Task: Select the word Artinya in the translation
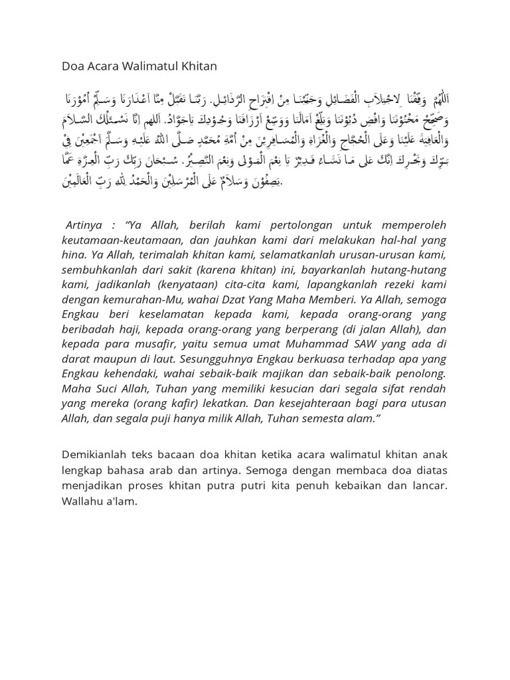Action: [85, 225]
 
